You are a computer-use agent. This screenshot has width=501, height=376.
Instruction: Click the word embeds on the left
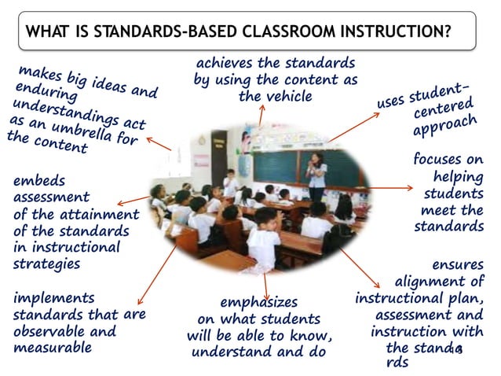pos(39,180)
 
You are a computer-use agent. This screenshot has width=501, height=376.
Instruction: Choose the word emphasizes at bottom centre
pos(258,302)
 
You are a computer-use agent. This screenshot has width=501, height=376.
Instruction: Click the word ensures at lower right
pos(458,265)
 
